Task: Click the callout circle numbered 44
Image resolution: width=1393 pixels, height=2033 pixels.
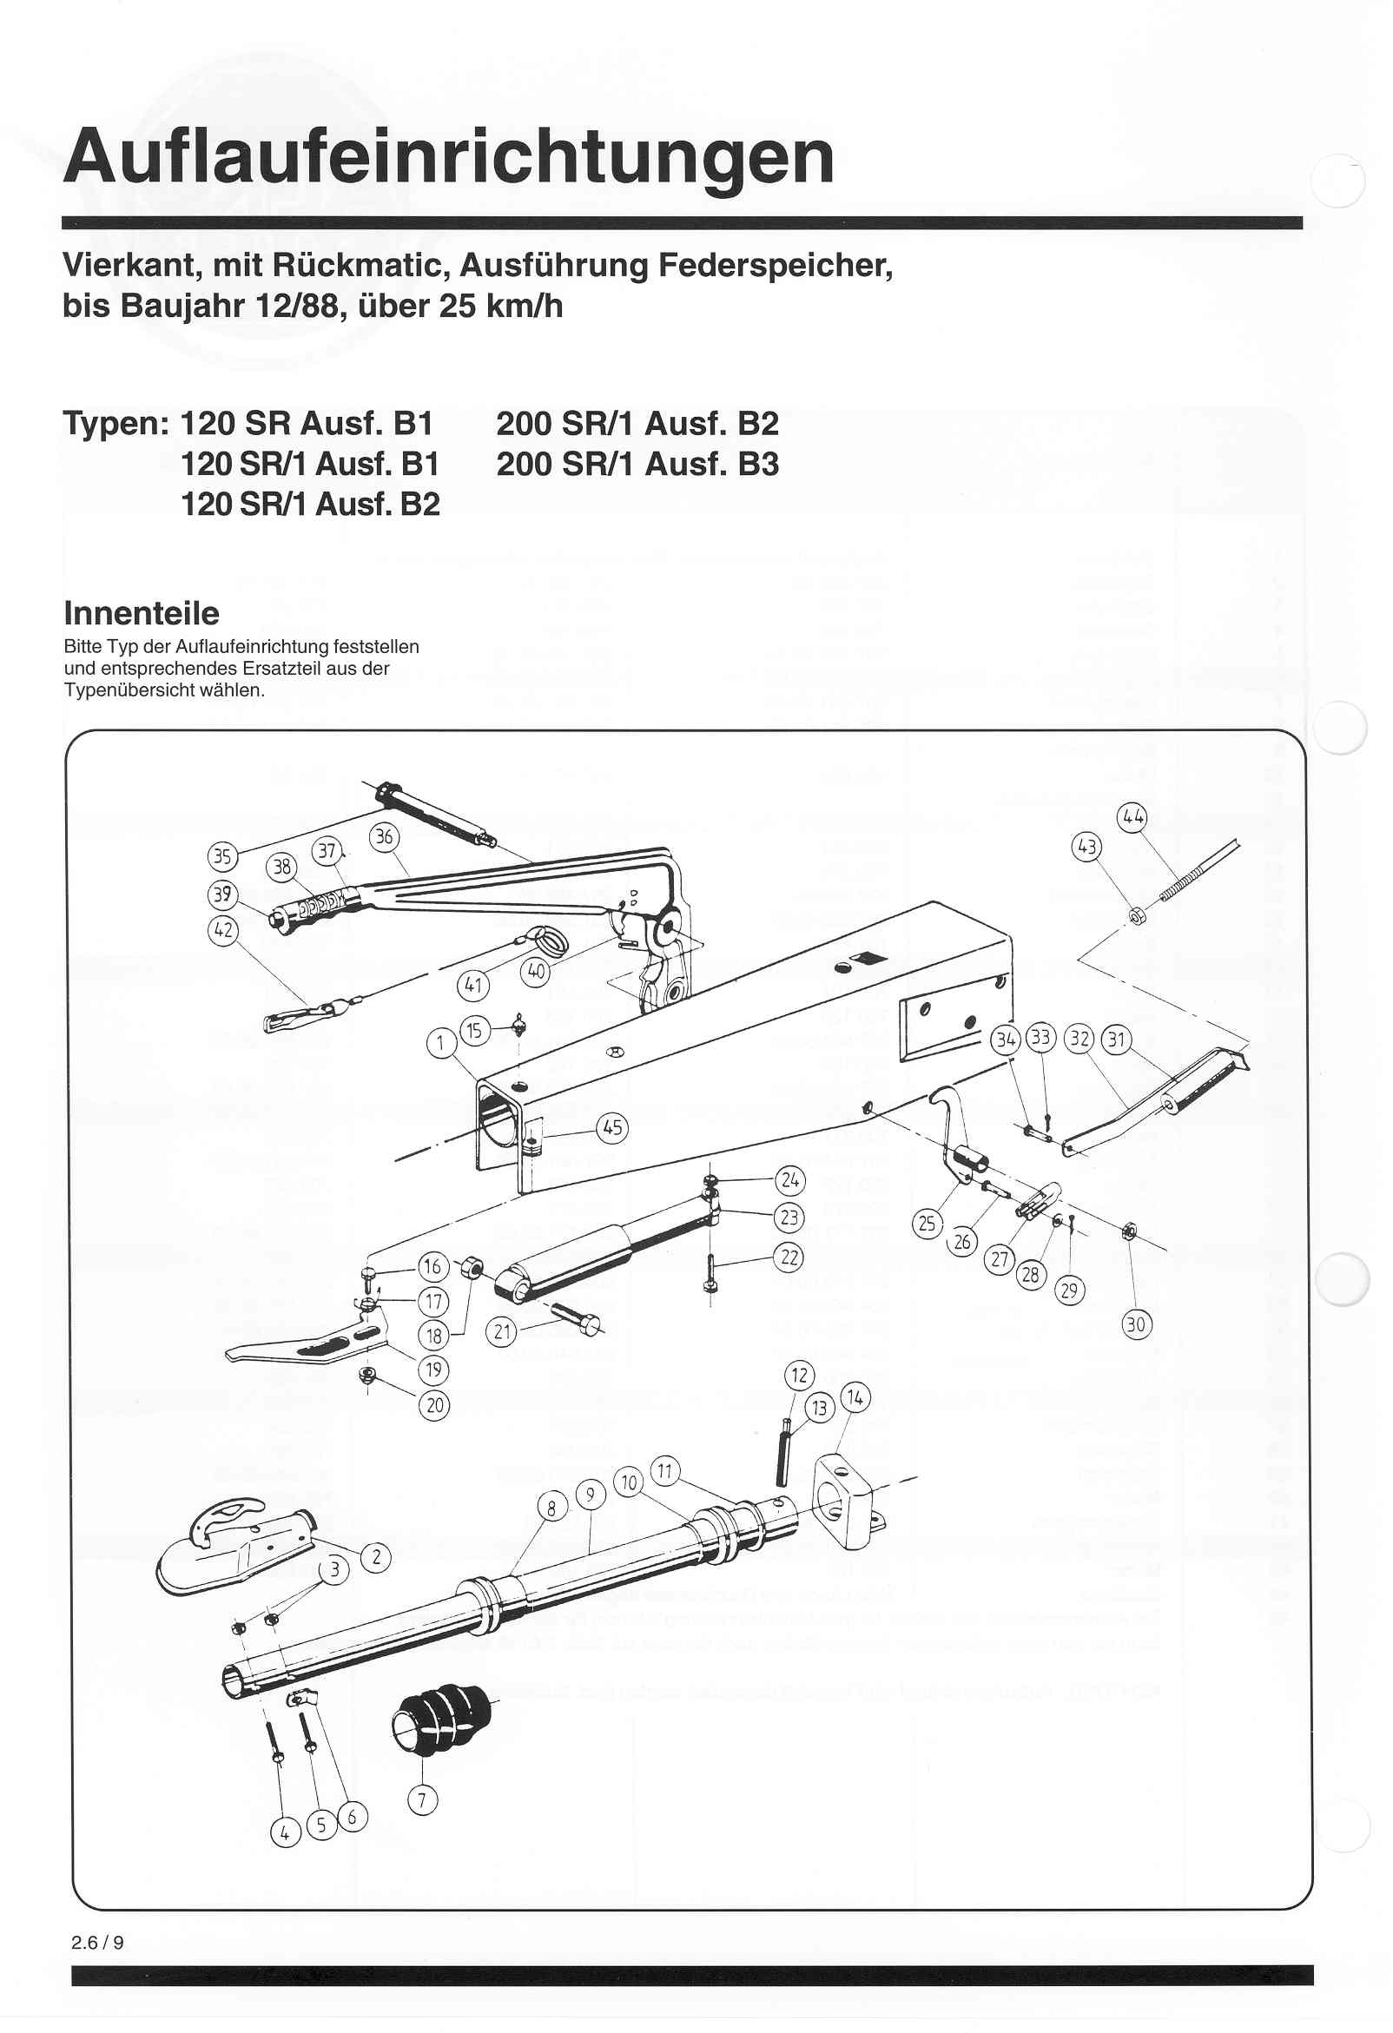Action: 1133,818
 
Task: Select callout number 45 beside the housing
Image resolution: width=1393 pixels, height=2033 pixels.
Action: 612,1127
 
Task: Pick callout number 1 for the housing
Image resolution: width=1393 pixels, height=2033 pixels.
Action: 441,1043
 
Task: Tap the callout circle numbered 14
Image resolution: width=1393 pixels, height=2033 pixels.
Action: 855,1398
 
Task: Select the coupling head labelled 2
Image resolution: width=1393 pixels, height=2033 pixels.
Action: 232,1552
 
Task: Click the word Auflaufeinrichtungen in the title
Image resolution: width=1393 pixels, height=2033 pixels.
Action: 449,157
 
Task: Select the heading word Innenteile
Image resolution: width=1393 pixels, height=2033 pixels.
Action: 142,613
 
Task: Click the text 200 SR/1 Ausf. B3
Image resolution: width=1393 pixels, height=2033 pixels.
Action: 637,464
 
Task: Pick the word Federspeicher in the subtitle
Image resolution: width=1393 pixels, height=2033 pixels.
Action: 775,265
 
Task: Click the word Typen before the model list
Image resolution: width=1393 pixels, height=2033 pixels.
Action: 115,424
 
